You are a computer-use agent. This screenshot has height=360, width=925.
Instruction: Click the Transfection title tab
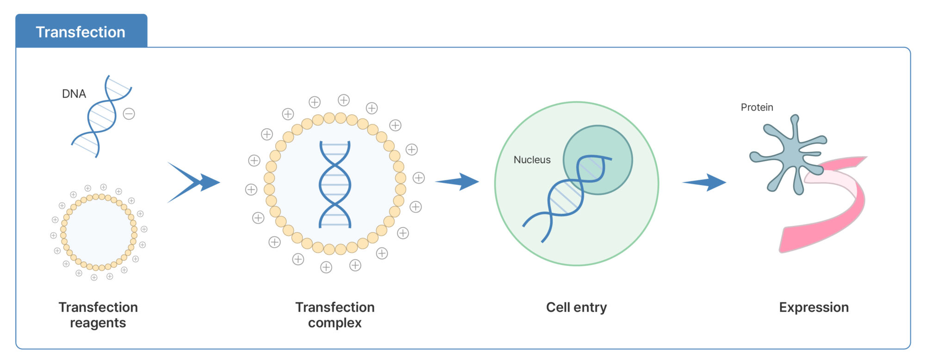pos(81,31)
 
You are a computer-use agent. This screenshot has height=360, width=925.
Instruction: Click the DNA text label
pos(74,94)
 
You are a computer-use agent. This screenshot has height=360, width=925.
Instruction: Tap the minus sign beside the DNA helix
pos(129,114)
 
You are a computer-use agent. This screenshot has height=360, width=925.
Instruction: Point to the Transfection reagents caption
pos(98,315)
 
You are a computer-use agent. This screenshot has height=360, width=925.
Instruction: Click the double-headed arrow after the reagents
pos(194,182)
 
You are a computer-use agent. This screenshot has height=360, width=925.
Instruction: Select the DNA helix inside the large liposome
pos(335,184)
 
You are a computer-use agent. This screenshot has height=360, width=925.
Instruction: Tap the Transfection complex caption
pos(335,315)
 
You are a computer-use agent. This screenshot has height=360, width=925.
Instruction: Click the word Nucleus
pos(532,160)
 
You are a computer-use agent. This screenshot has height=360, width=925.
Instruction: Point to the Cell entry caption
pos(576,307)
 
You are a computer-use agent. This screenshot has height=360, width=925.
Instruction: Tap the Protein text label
pos(757,107)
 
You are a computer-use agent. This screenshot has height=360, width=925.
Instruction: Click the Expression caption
pos(814,307)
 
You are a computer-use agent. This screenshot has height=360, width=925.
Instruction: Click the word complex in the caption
pos(335,323)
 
